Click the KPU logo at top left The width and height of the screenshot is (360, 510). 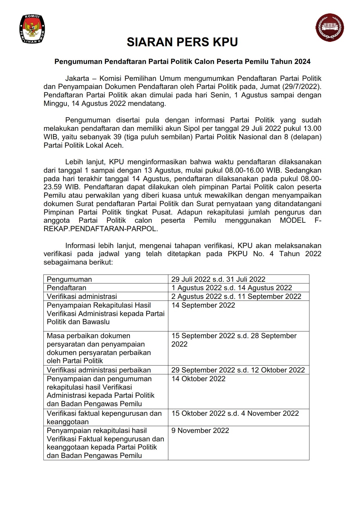point(32,29)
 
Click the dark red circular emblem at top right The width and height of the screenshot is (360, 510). point(329,28)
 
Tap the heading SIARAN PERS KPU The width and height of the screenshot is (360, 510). point(182,42)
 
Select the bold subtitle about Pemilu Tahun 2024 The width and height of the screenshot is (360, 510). point(182,62)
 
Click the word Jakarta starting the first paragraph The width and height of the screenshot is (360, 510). point(77,78)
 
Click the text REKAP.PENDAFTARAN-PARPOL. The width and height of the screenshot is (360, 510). point(101,229)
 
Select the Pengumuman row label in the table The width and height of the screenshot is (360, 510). point(69,279)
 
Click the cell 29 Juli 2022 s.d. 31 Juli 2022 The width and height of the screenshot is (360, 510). point(218,279)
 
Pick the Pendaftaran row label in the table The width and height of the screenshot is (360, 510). point(67,288)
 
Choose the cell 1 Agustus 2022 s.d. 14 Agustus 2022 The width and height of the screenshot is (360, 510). point(232,288)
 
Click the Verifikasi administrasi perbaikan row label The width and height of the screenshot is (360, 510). point(99,370)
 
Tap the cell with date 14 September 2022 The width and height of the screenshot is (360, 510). point(203,305)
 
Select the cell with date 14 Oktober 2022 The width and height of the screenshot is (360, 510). point(198,379)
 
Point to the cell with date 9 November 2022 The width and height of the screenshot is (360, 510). point(200,431)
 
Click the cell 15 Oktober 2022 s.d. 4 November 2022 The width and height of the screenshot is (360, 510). point(235,413)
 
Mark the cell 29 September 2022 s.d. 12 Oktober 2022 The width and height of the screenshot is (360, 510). point(238,370)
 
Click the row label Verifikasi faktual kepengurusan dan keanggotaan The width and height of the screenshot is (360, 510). point(104,418)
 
